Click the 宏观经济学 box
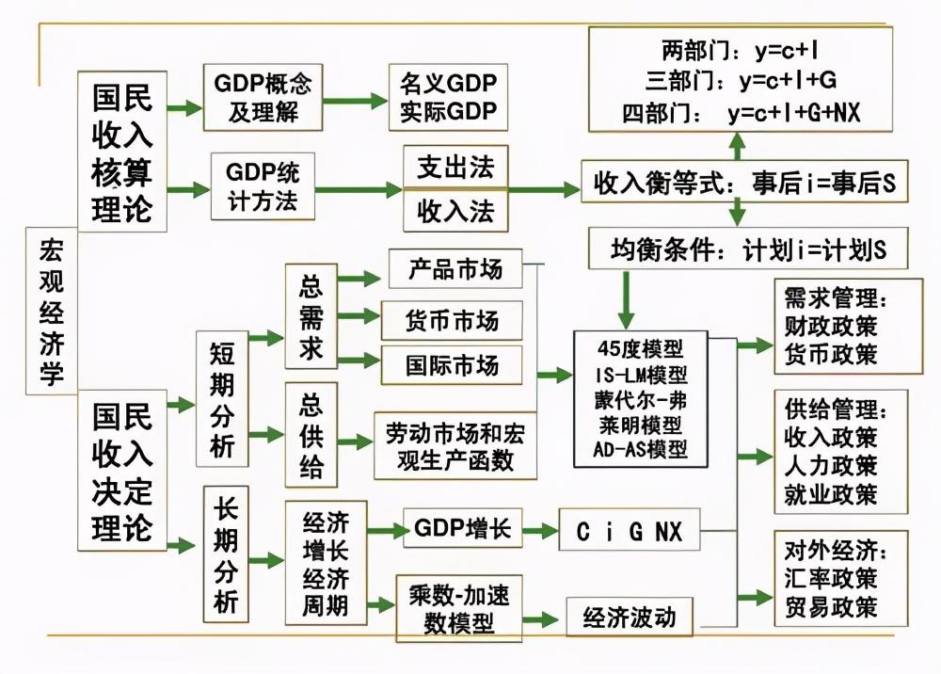click(52, 311)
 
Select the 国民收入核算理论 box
click(122, 151)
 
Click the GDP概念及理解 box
click(263, 97)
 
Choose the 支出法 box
click(455, 168)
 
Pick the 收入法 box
click(455, 210)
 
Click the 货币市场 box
click(452, 320)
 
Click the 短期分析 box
click(222, 398)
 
